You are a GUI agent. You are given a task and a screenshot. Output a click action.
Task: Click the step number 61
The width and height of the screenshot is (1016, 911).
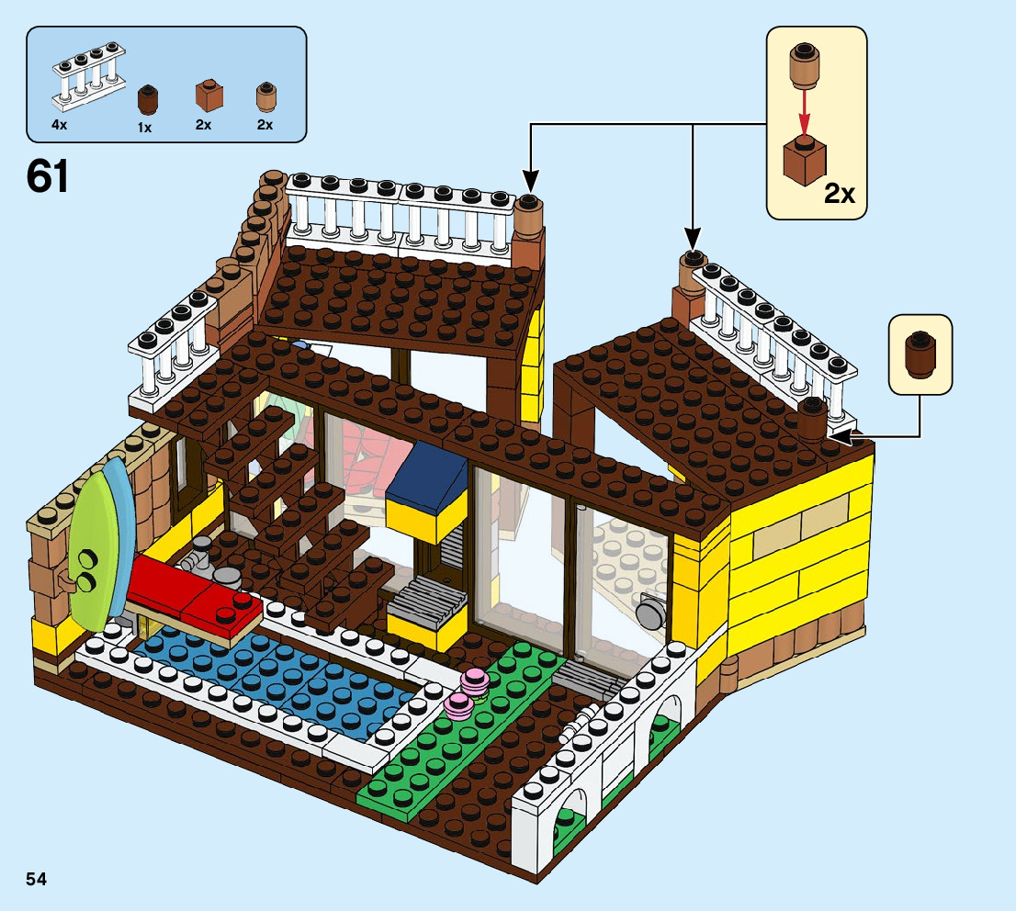pyautogui.click(x=48, y=176)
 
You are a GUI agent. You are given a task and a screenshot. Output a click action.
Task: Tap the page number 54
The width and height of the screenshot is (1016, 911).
pyautogui.click(x=37, y=880)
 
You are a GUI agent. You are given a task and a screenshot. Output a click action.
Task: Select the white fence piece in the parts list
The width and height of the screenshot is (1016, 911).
pyautogui.click(x=90, y=74)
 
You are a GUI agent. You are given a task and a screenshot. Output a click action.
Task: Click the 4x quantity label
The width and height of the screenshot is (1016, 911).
pyautogui.click(x=59, y=124)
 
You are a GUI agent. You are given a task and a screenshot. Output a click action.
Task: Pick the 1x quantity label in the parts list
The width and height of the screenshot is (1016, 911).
pyautogui.click(x=144, y=128)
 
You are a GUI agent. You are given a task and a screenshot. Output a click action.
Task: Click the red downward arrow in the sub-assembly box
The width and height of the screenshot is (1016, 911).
pyautogui.click(x=804, y=109)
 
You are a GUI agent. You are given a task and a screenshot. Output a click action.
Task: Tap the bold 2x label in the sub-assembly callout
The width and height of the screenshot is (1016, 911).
pyautogui.click(x=839, y=194)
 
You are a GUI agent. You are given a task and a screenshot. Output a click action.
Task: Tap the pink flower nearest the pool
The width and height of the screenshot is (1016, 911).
pyautogui.click(x=458, y=704)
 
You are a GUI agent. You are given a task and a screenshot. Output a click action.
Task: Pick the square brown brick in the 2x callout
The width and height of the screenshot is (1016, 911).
pyautogui.click(x=804, y=160)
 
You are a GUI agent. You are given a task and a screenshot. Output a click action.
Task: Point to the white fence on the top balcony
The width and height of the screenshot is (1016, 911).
pyautogui.click(x=400, y=212)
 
